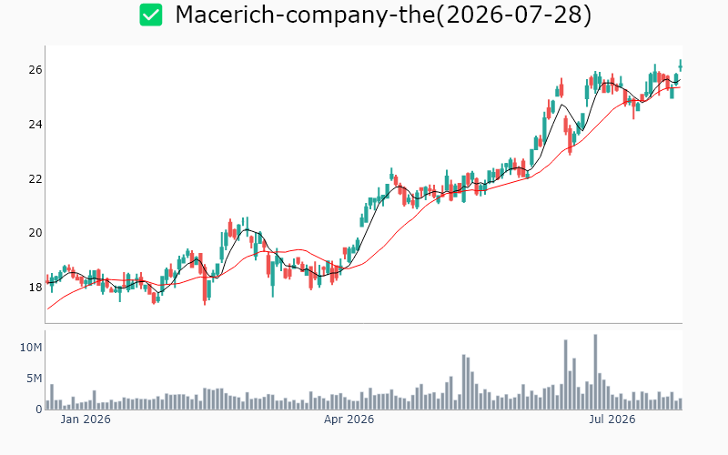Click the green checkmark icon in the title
point(151,15)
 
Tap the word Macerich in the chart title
point(224,15)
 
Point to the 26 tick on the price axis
point(35,70)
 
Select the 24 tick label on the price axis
point(35,124)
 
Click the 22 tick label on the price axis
point(35,178)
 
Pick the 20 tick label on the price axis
point(35,233)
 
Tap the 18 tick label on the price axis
point(35,287)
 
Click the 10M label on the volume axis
point(31,347)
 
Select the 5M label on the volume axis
point(34,379)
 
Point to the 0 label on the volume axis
point(39,409)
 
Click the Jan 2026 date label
point(86,420)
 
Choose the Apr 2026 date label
point(349,420)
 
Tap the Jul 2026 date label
point(612,420)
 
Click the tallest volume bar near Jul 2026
point(595,372)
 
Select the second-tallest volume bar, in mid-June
point(565,375)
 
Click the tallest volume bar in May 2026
point(464,382)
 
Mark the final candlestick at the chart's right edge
point(680,66)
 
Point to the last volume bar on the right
point(680,404)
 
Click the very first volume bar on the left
point(47,405)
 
